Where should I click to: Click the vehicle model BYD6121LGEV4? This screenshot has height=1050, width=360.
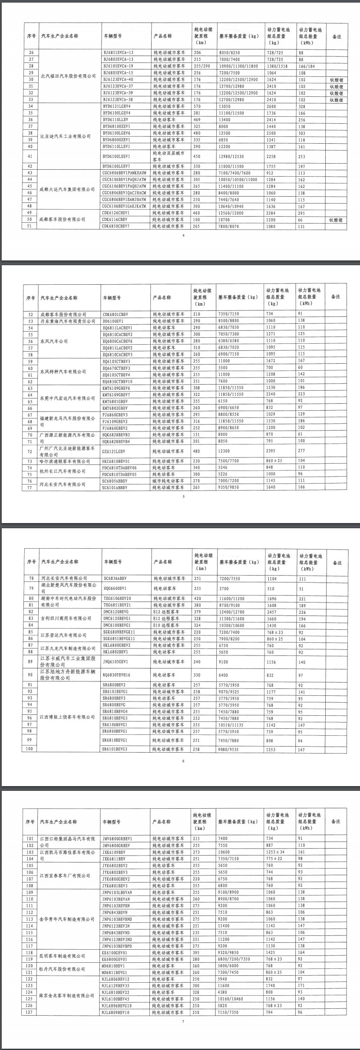click(x=117, y=106)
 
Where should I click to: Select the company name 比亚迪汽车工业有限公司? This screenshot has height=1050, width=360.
click(x=66, y=136)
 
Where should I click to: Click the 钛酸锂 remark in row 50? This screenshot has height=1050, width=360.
click(x=336, y=220)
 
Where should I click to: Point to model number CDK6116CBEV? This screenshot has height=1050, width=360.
click(x=116, y=220)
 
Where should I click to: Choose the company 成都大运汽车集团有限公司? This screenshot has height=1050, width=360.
click(x=67, y=190)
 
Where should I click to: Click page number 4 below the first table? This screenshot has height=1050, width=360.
click(x=183, y=236)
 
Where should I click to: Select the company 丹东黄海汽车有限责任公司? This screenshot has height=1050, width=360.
click(x=67, y=321)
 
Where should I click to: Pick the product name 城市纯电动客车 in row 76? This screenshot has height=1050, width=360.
click(x=168, y=481)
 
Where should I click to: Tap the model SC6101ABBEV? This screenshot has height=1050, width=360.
click(x=115, y=487)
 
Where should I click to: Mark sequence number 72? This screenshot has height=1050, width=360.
click(x=30, y=451)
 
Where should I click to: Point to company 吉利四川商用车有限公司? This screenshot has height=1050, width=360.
click(x=66, y=619)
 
